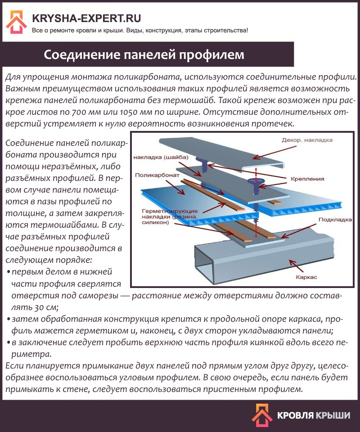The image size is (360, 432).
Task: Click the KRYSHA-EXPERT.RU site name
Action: (86, 18)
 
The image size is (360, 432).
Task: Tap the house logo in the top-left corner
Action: (17, 22)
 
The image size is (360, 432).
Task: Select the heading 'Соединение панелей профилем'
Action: (144, 54)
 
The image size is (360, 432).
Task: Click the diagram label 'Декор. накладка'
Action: (307, 140)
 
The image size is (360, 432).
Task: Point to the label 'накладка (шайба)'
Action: (161, 157)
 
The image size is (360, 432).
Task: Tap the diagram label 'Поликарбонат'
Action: (157, 175)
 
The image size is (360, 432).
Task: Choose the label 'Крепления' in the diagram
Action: (307, 179)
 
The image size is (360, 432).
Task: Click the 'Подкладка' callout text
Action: (335, 220)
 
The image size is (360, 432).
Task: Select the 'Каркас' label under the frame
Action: (306, 277)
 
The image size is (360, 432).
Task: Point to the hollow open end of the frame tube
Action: (204, 265)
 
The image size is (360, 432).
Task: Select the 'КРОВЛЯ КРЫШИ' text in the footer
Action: (314, 415)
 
